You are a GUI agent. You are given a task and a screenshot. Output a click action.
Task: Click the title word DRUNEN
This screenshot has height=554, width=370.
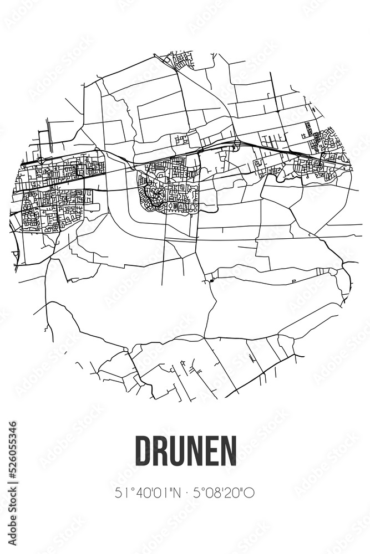click(185, 450)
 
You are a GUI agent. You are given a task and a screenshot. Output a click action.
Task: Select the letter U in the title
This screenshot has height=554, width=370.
click(178, 450)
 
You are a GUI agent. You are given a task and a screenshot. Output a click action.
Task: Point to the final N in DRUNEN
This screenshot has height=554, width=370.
click(228, 450)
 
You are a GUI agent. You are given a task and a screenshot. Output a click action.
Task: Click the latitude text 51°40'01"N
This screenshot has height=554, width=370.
click(146, 492)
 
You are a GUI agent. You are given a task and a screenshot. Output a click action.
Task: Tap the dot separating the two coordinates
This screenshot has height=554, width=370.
click(185, 492)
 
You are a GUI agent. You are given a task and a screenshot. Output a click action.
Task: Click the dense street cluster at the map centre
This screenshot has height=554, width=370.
click(169, 186)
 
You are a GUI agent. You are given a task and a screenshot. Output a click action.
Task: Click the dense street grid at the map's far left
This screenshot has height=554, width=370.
click(53, 194)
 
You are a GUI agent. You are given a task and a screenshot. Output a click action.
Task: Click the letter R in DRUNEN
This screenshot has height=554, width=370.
click(161, 450)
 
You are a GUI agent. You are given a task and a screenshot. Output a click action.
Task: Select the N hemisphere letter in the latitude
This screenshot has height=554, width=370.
click(176, 492)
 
